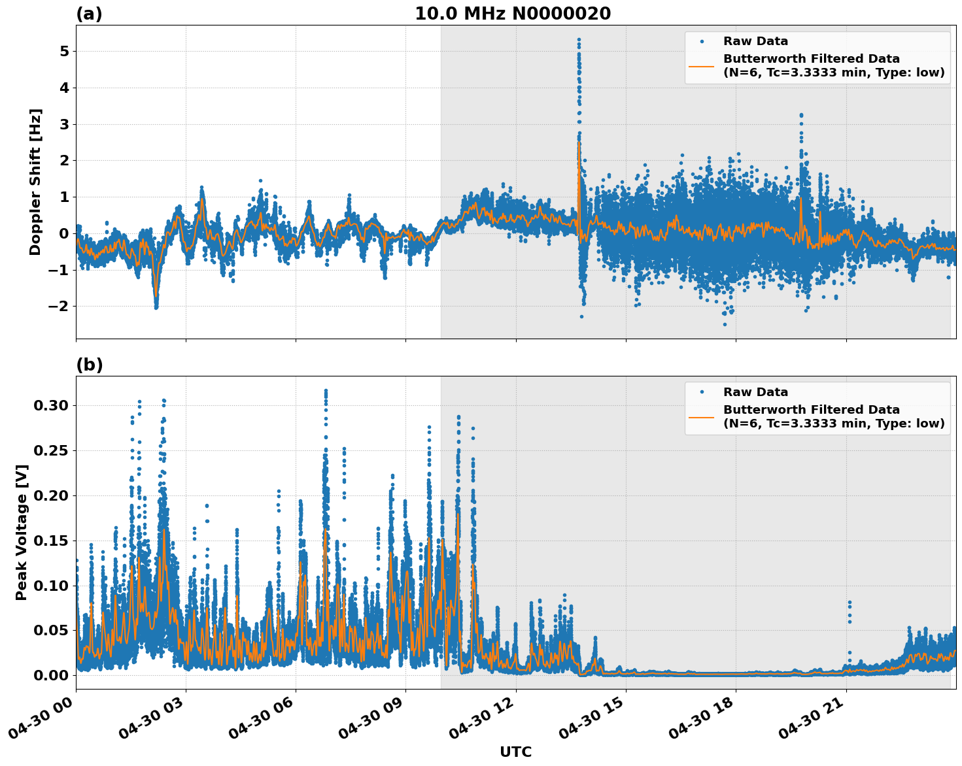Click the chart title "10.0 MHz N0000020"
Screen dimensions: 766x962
coord(513,14)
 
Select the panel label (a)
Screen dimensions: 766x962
coord(89,14)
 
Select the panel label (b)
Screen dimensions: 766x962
coord(89,365)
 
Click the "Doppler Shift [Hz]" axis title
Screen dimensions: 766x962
coord(35,182)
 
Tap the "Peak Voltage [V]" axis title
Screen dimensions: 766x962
coord(22,532)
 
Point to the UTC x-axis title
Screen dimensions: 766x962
coord(515,752)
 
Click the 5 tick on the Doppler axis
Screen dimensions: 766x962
coord(64,51)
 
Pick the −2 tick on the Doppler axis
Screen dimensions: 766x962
coord(59,306)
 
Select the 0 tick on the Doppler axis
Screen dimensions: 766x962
coord(64,233)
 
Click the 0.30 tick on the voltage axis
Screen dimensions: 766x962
coord(50,405)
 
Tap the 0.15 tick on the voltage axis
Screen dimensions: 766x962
coord(50,541)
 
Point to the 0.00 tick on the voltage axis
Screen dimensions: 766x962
coord(50,675)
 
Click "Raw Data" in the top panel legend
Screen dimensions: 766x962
coord(755,41)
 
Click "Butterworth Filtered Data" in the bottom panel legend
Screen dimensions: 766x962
coord(811,410)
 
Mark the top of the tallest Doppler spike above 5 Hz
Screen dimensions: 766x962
coord(579,39)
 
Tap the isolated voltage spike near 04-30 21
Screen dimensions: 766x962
coord(850,602)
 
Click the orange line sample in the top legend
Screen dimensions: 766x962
coord(701,65)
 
